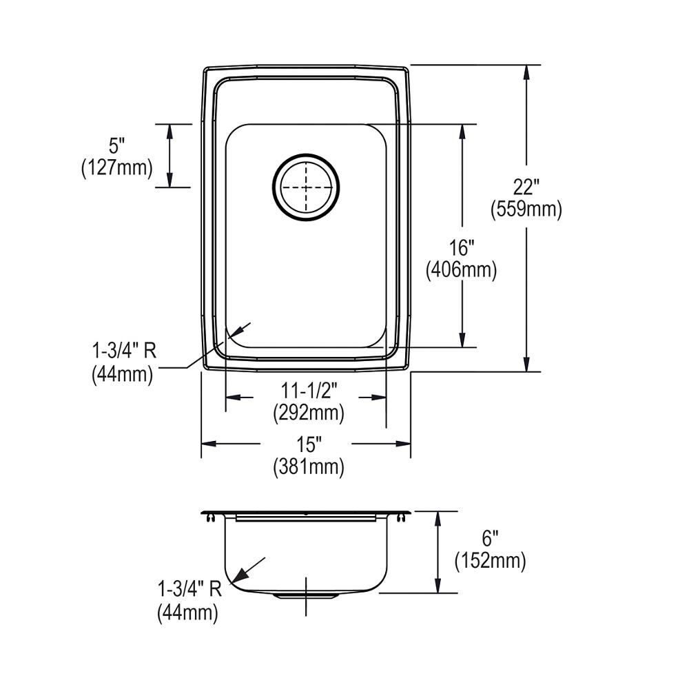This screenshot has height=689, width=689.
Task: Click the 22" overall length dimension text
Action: (x=526, y=187)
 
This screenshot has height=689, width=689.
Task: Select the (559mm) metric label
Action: (x=526, y=209)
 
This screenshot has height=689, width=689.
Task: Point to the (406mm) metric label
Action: (x=461, y=270)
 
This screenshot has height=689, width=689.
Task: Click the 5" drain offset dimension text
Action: (x=116, y=145)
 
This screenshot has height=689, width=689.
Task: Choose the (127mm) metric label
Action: (x=116, y=167)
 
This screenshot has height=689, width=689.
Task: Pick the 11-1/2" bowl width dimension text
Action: (x=307, y=391)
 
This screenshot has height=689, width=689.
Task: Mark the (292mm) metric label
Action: (x=307, y=413)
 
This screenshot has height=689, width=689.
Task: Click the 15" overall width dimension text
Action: (x=307, y=444)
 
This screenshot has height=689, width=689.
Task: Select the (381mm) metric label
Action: (x=307, y=467)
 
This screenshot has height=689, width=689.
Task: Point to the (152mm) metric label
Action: (x=490, y=562)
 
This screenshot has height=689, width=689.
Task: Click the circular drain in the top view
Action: (x=306, y=187)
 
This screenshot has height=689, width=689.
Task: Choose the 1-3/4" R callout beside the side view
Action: (x=189, y=590)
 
